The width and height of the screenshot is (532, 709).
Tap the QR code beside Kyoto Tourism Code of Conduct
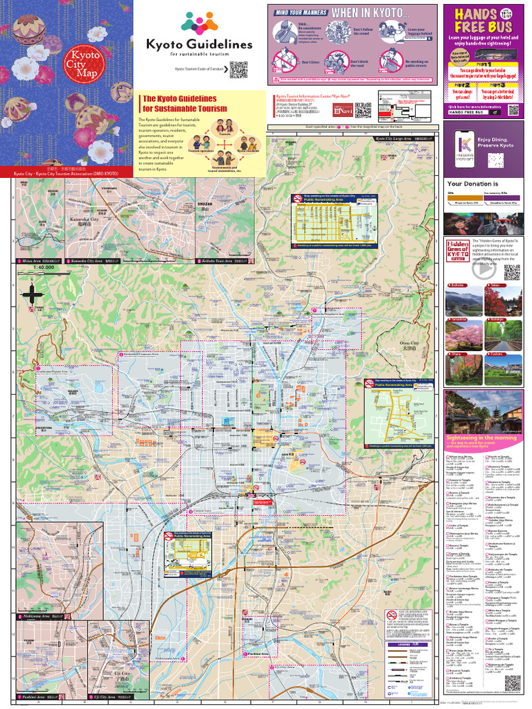(238, 69)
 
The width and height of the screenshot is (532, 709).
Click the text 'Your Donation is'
(471, 184)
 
